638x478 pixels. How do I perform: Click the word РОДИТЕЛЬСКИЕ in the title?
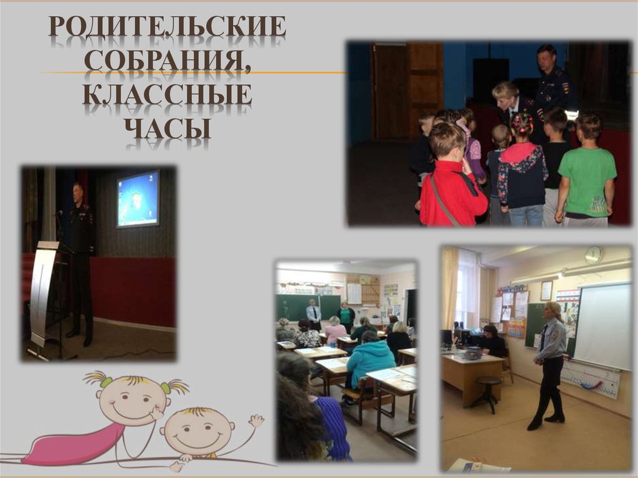pos(168,27)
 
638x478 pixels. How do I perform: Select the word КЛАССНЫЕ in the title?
pos(167,95)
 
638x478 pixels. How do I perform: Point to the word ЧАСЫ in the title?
pos(168,127)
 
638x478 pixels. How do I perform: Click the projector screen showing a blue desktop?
pos(138,198)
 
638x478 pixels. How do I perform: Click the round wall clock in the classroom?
pos(593,254)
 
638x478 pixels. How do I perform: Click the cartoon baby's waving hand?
pos(255,421)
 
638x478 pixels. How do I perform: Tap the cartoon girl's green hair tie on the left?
pos(107,381)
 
